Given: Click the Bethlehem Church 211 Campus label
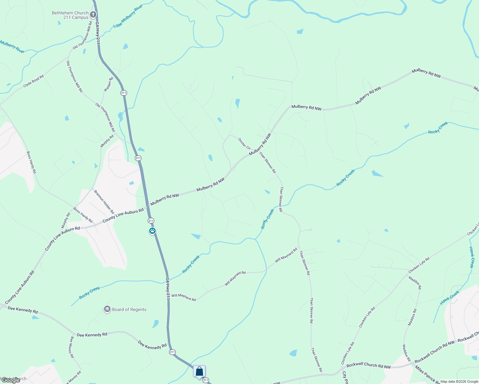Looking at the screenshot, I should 70,15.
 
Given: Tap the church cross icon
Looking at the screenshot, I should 93,14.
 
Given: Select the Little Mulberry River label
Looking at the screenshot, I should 128,16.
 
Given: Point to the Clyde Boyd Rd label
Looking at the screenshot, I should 33,81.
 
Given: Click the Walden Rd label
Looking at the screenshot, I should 109,84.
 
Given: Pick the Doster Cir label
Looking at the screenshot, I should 244,144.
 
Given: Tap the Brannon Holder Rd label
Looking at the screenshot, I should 104,202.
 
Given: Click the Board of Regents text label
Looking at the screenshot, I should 129,309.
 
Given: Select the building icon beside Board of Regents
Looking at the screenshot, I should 107,309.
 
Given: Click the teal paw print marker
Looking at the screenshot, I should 152,231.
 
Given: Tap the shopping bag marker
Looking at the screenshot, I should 199,372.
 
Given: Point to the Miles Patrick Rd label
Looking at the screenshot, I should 427,375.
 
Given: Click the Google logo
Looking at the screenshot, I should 11,380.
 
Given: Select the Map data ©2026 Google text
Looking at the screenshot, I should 459,381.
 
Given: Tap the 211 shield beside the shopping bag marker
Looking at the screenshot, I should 206,380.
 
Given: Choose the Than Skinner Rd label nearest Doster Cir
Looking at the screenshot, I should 267,163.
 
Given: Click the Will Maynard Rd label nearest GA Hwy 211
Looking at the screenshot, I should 183,297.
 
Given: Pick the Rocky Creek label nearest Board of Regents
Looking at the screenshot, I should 90,293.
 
